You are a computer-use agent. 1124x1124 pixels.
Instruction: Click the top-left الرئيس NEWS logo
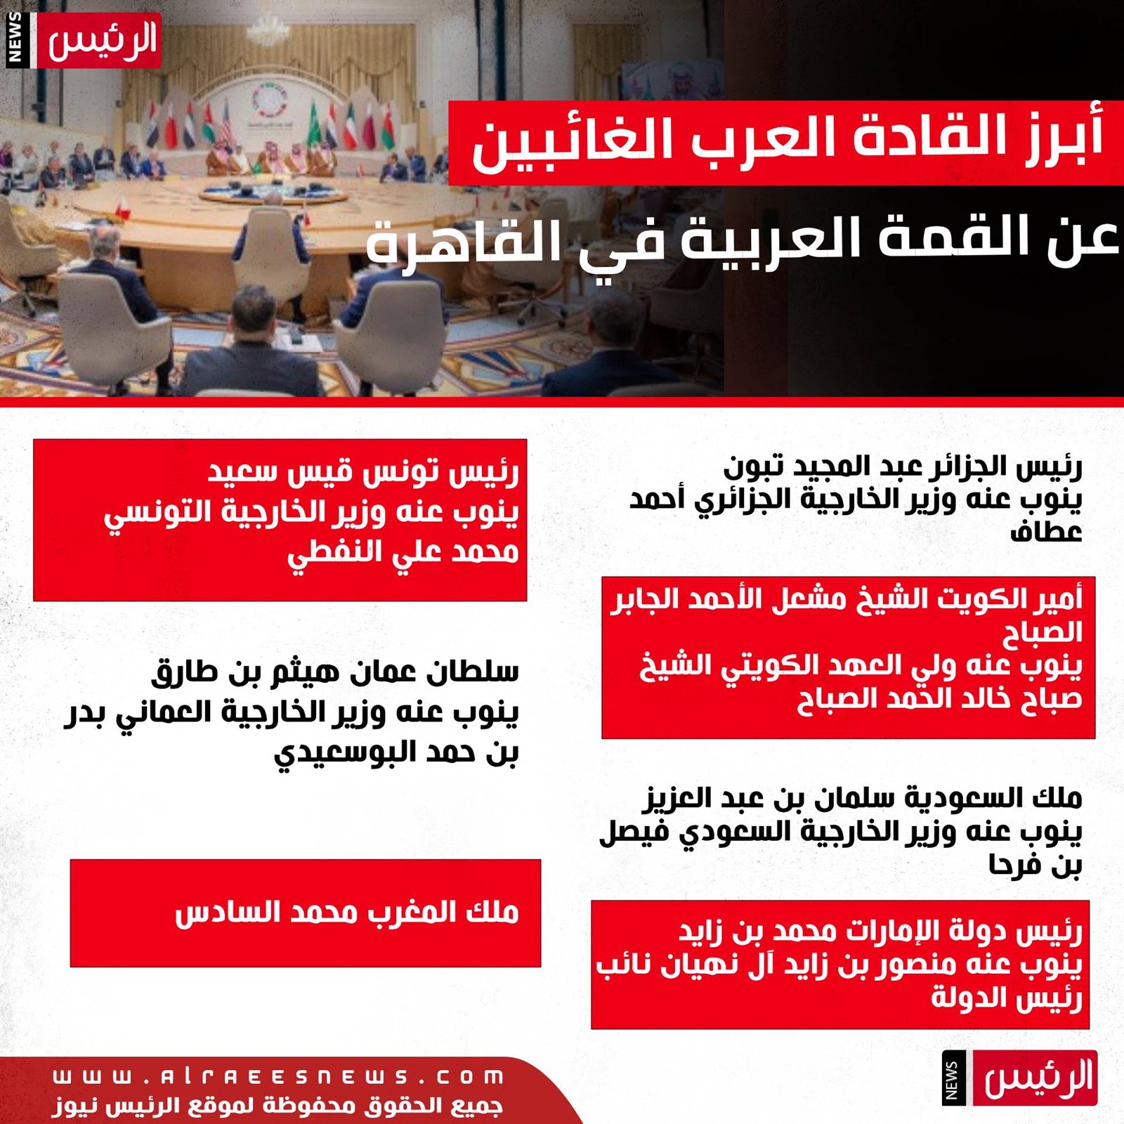tap(83, 40)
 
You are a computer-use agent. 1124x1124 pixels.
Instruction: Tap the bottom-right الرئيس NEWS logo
tap(1019, 1078)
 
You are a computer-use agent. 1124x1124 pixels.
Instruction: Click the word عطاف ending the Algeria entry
tap(1046, 532)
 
